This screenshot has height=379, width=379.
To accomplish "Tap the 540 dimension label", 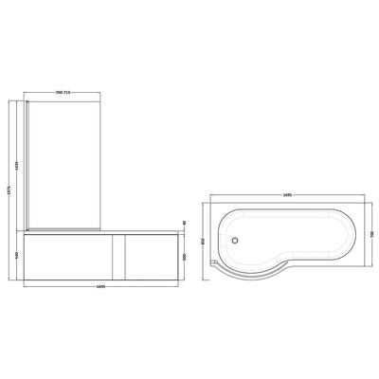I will click(20, 255).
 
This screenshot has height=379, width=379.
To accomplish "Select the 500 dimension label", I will click(184, 257).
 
